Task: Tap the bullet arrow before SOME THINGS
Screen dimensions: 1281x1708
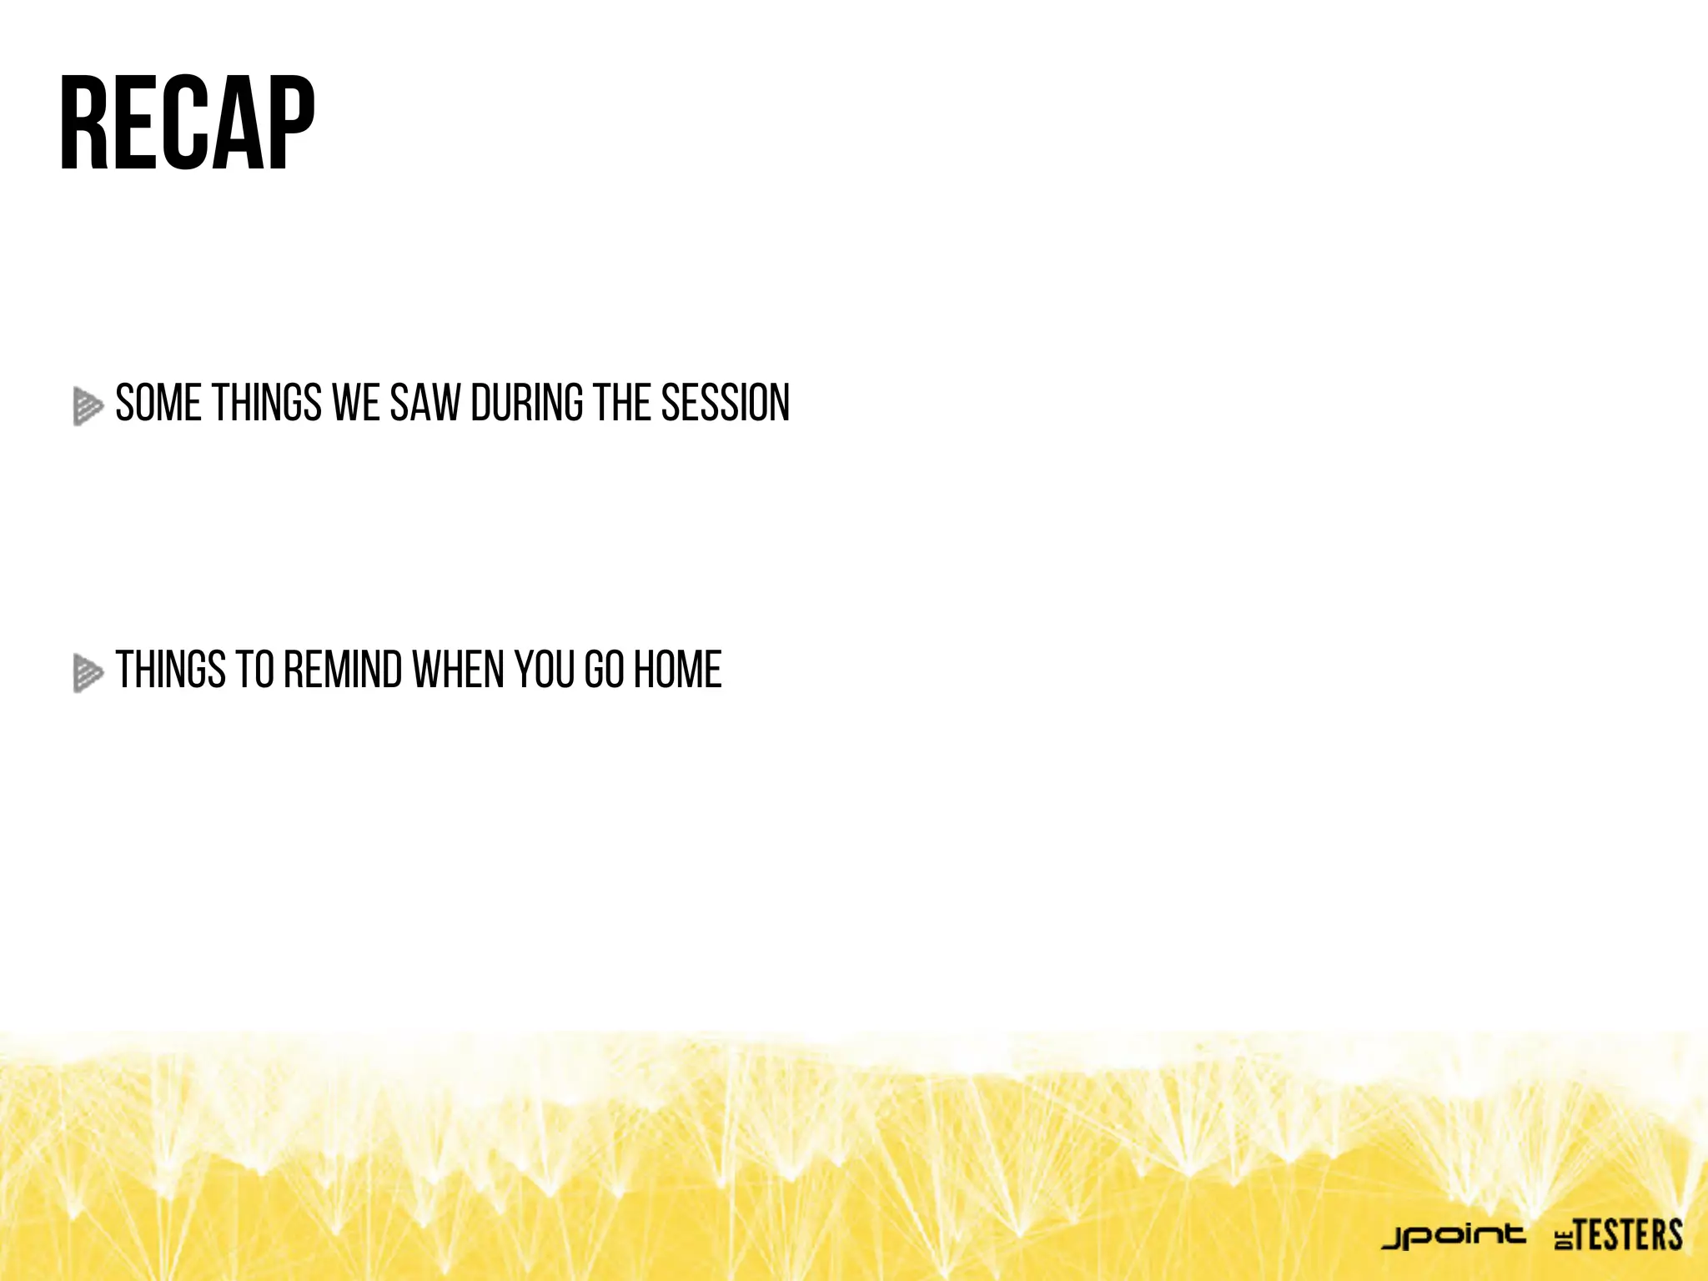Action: click(x=87, y=406)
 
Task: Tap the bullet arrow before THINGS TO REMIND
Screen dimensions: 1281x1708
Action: click(x=87, y=672)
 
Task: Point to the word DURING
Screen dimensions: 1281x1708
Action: click(x=527, y=404)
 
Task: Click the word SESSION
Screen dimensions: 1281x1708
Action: click(x=725, y=404)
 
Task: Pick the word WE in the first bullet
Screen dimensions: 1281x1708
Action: click(x=356, y=404)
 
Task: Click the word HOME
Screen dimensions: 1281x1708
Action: click(x=677, y=670)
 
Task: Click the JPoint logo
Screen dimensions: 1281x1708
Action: click(x=1454, y=1236)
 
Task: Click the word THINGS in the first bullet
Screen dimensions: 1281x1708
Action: click(x=267, y=404)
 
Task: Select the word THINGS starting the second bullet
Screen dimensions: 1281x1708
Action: click(x=171, y=670)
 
